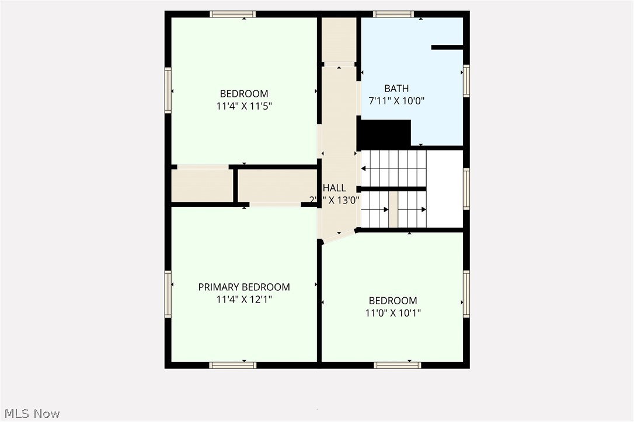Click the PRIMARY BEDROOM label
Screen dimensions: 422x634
point(244,287)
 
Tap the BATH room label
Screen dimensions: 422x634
point(396,89)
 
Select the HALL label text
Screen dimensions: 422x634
point(335,188)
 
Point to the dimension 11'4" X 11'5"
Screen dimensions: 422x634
point(244,106)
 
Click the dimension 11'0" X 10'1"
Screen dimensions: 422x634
point(393,313)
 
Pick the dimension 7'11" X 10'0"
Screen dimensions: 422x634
point(396,100)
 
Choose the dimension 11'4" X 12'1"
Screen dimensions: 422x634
point(244,300)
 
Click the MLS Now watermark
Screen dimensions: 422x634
point(30,414)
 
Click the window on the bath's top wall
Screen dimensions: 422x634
point(393,14)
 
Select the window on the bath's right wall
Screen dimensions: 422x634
point(466,80)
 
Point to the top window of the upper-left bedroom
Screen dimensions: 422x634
point(232,14)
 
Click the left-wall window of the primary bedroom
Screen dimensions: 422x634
point(168,294)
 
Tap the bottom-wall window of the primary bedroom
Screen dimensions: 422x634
point(232,365)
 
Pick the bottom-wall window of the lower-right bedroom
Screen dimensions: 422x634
point(397,365)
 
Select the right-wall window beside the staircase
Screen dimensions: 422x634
point(466,188)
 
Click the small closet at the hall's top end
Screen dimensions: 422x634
point(339,40)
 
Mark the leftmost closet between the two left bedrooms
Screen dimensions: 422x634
point(202,186)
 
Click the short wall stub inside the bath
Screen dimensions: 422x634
point(447,47)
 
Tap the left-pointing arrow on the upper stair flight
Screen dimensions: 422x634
point(364,168)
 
